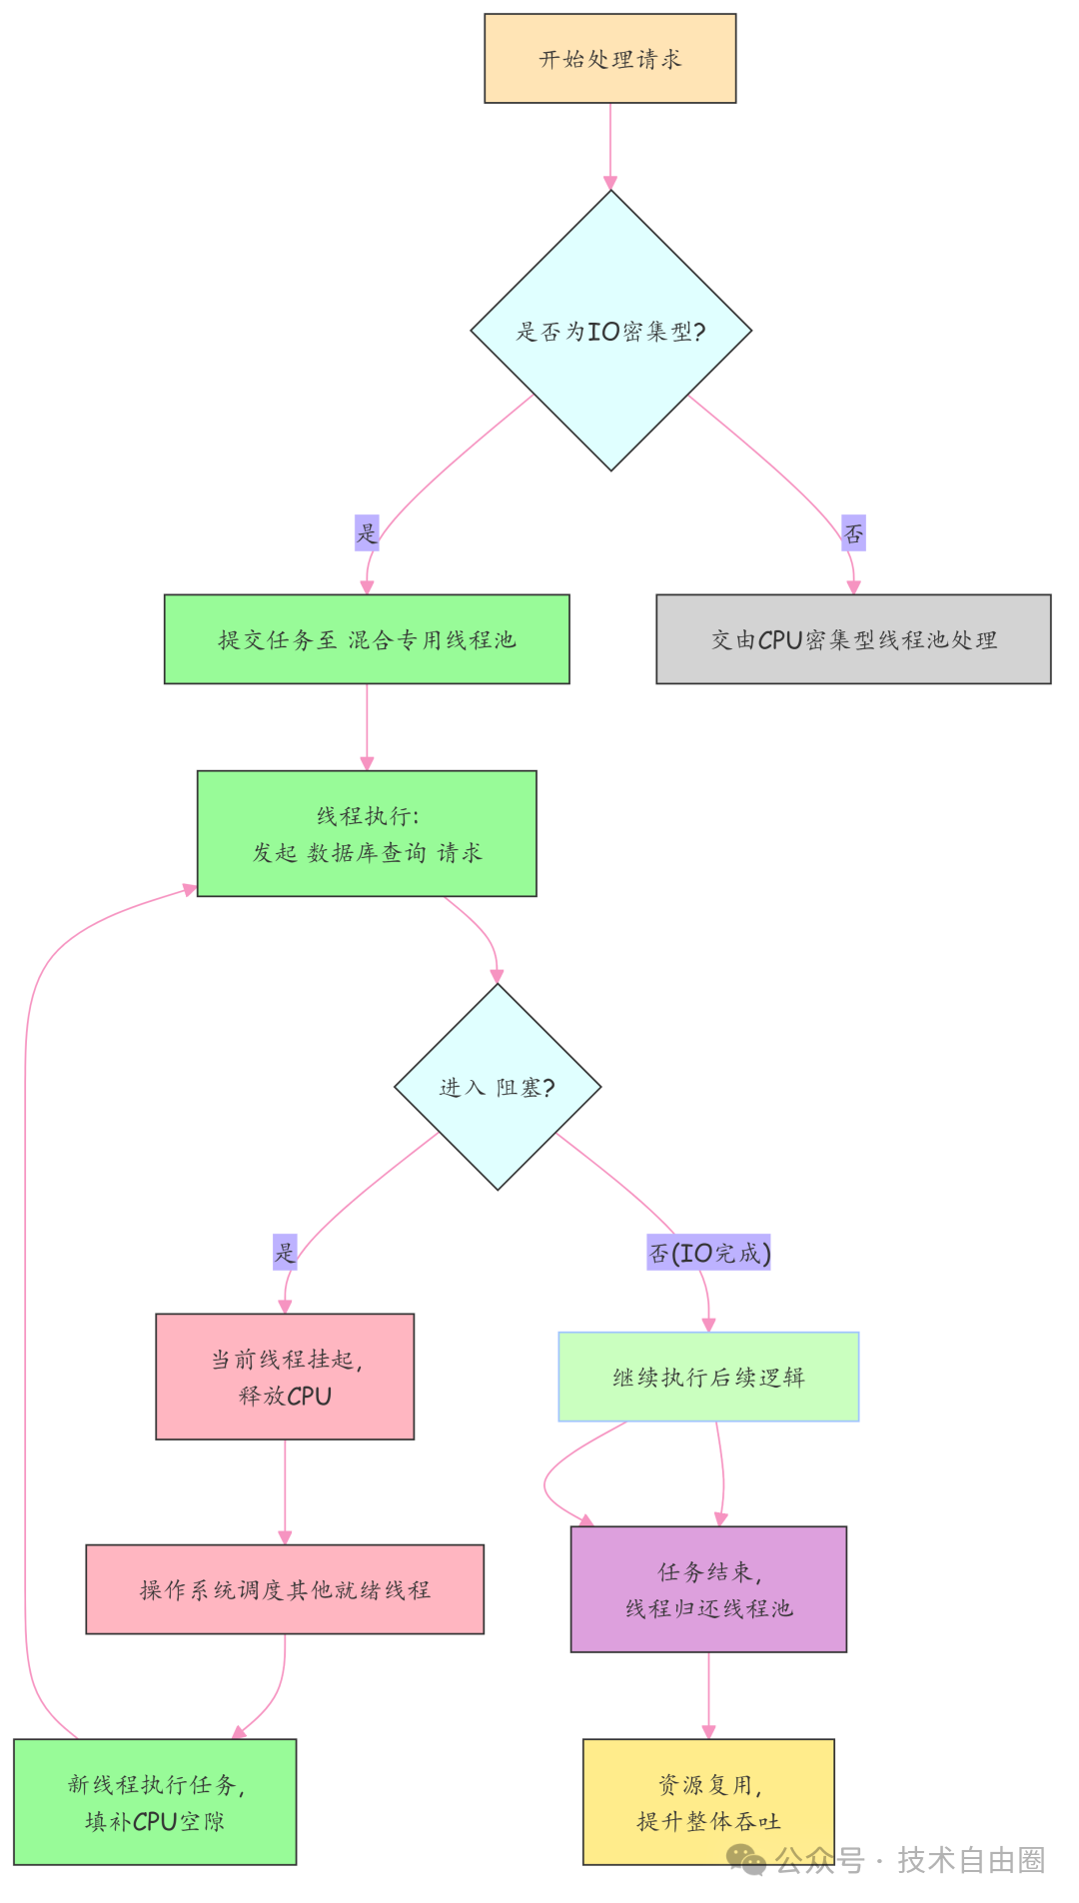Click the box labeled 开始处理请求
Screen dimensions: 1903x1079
609,58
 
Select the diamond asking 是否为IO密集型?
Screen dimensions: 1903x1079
610,331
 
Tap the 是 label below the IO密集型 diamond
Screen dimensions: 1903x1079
367,532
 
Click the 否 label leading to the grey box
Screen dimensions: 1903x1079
853,533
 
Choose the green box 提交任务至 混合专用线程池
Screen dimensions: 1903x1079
367,639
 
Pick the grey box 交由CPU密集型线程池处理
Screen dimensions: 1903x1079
853,639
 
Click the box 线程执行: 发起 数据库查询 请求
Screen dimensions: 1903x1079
367,833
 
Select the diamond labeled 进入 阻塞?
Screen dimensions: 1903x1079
498,1087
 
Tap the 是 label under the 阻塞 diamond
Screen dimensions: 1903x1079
285,1252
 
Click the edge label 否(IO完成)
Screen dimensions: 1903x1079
708,1253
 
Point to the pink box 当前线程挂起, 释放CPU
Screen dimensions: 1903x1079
285,1377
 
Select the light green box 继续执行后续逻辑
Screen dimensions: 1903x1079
708,1377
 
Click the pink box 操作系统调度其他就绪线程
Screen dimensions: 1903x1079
285,1589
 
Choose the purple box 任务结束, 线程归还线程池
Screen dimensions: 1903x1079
708,1589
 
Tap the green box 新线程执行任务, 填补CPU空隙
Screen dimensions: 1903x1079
155,1802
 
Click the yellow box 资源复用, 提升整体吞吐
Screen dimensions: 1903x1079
708,1802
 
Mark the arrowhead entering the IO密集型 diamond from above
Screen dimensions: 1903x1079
610,183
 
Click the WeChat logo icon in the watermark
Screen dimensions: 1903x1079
746,1859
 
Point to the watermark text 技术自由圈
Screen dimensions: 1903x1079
970,1860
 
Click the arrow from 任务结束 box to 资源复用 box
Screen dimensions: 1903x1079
708,1695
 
